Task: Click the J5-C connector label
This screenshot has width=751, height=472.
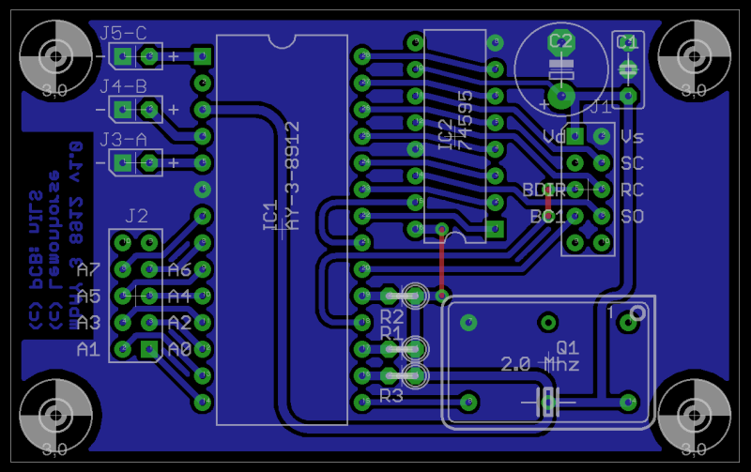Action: pyautogui.click(x=123, y=34)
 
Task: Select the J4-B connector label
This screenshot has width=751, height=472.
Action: pyautogui.click(x=123, y=87)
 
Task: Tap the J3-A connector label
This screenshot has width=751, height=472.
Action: pyautogui.click(x=123, y=140)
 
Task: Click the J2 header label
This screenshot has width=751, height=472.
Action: pyautogui.click(x=136, y=217)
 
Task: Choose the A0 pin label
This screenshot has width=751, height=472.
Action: pyautogui.click(x=179, y=349)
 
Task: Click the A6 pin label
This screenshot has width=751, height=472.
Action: pyautogui.click(x=179, y=270)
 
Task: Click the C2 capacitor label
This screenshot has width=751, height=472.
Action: pyautogui.click(x=560, y=41)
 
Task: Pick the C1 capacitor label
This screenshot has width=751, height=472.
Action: pyautogui.click(x=627, y=42)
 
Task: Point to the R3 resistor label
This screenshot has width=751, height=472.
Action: pyautogui.click(x=391, y=395)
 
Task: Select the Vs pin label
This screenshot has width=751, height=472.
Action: pyautogui.click(x=632, y=137)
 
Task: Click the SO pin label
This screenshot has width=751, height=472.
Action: pyautogui.click(x=632, y=217)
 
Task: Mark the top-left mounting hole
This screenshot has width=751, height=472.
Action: pyautogui.click(x=55, y=55)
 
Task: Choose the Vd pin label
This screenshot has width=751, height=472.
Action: pyautogui.click(x=554, y=137)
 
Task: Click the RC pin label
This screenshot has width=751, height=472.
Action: pyautogui.click(x=632, y=190)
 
